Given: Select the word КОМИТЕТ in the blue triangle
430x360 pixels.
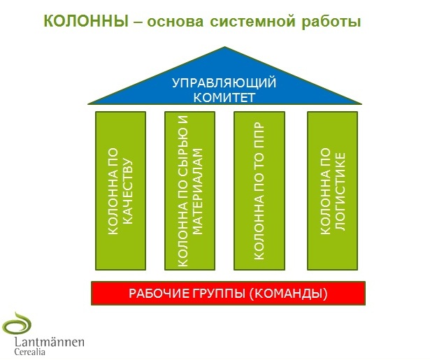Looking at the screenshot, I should pos(224,97).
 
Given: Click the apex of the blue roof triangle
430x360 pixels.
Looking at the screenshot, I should pos(224,49).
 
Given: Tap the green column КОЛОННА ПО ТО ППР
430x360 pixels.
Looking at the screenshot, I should pos(259,191).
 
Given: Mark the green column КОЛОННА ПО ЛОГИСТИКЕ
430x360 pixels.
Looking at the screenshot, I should pos(333,191).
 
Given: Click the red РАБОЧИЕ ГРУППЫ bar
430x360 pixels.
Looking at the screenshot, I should pos(229,293).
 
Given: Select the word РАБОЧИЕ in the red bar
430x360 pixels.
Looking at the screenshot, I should pos(157,293).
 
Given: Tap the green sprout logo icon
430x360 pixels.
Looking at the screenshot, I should pos(17,324).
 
